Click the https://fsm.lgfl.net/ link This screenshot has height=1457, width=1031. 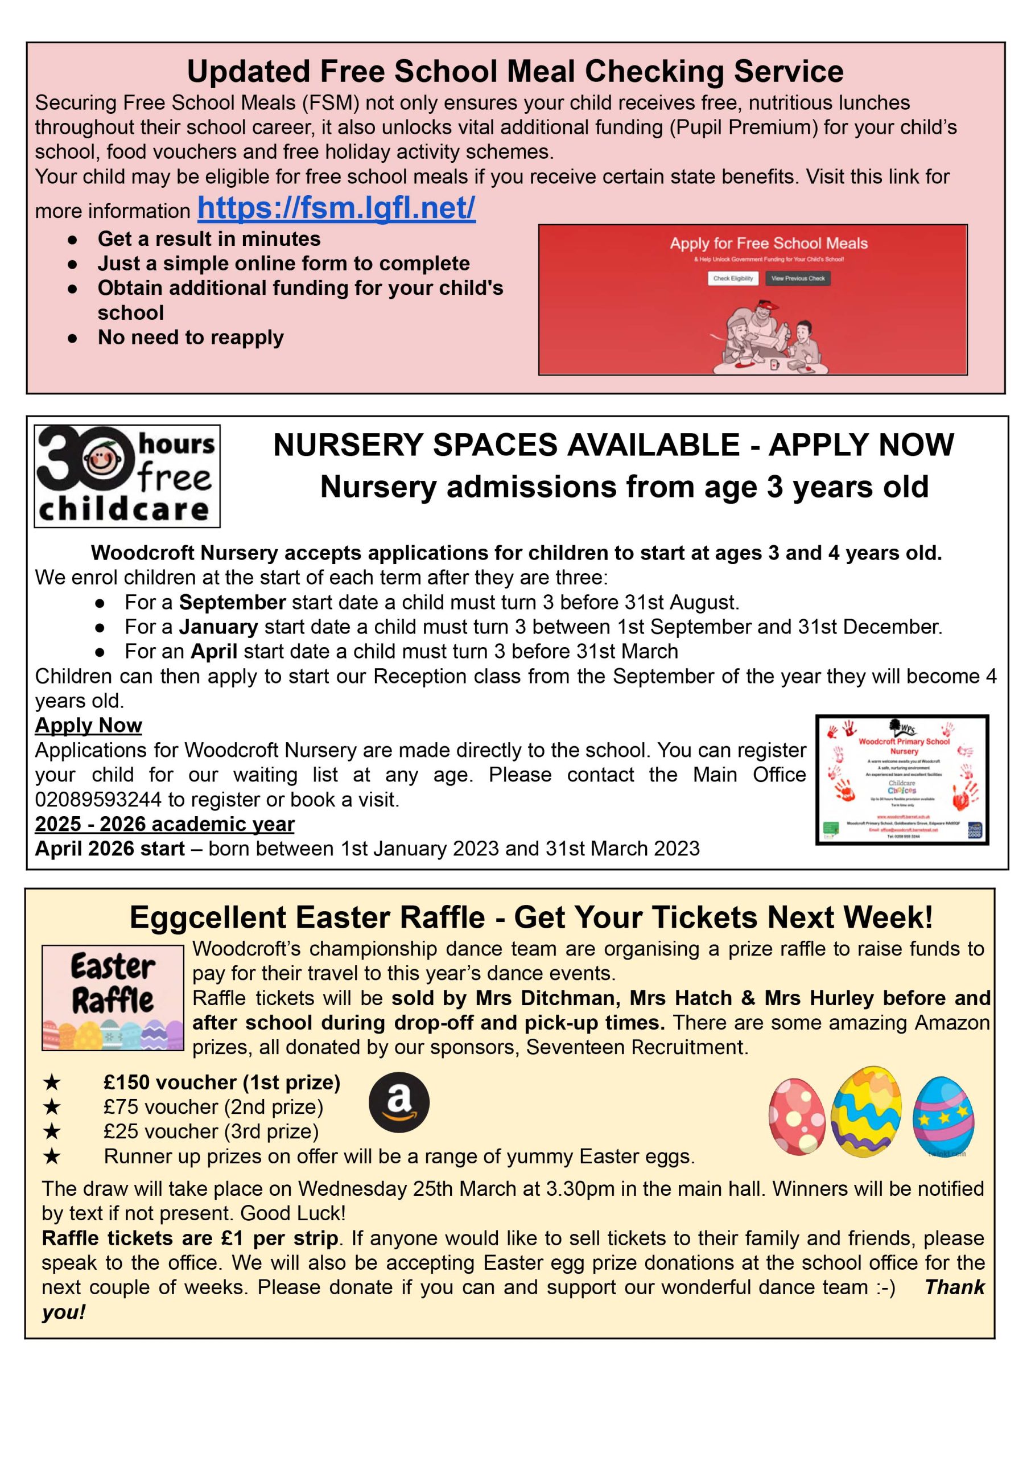click(336, 208)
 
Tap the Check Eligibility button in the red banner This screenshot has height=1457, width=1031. click(733, 278)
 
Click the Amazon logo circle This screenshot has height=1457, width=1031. click(399, 1102)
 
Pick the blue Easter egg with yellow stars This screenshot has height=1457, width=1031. click(943, 1116)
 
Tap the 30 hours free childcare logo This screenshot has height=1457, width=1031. click(127, 476)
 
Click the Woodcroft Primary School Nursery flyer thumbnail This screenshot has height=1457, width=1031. click(901, 780)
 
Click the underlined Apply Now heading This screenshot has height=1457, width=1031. click(88, 725)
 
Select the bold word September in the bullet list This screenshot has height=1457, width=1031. click(232, 602)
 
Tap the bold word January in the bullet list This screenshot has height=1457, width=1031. click(218, 627)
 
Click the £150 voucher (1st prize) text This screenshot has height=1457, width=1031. click(222, 1083)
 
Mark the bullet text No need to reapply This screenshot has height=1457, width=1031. click(191, 337)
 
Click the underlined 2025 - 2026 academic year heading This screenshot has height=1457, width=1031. click(164, 824)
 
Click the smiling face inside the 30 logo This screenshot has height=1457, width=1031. click(98, 460)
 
